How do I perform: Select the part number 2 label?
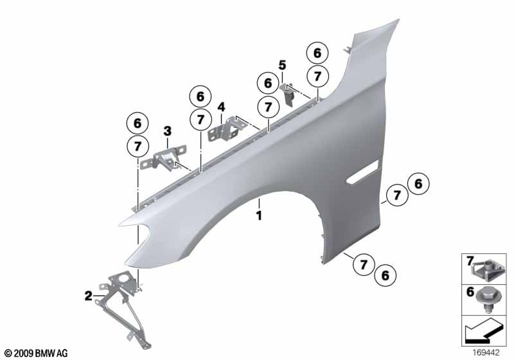[x=88, y=296]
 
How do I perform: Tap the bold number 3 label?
[x=167, y=131]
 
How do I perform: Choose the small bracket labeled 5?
[x=289, y=93]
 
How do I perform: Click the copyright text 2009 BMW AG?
[x=35, y=353]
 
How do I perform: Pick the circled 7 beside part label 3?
[x=137, y=146]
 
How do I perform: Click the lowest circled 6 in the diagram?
[x=385, y=275]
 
